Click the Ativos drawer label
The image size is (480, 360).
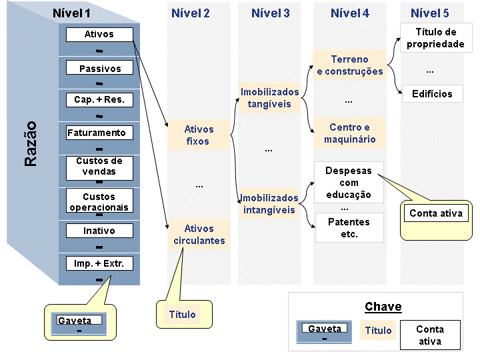click(x=99, y=34)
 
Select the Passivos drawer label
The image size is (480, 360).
click(x=99, y=67)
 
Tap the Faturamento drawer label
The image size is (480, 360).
click(x=99, y=133)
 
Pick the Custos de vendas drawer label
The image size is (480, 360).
click(x=99, y=168)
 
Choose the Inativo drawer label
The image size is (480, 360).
click(x=99, y=231)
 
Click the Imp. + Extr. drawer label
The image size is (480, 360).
click(x=99, y=263)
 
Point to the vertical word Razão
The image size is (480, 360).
click(x=31, y=143)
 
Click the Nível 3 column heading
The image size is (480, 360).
click(x=270, y=13)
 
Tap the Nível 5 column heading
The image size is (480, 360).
click(x=430, y=13)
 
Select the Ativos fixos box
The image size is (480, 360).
click(x=199, y=135)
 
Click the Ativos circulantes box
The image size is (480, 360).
click(x=199, y=235)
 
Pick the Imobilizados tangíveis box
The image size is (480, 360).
click(x=269, y=97)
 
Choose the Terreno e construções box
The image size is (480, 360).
click(x=349, y=65)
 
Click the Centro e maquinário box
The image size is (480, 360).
click(x=349, y=133)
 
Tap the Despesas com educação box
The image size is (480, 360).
click(x=349, y=183)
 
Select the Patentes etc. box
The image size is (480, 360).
click(x=349, y=228)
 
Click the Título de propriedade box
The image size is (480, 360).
click(x=436, y=37)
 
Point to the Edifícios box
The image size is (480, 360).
click(x=432, y=94)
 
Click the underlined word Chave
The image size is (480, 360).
click(x=383, y=307)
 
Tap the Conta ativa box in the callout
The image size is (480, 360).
click(x=436, y=213)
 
